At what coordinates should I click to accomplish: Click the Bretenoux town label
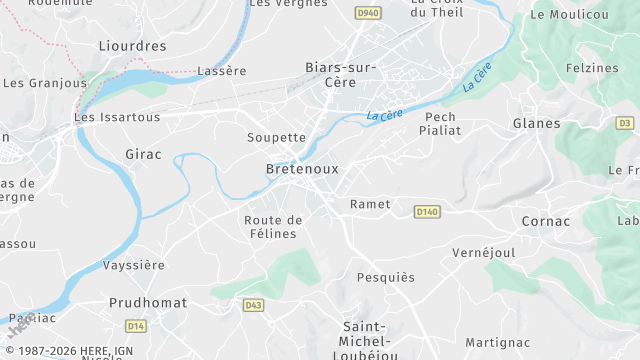pyautogui.click(x=302, y=169)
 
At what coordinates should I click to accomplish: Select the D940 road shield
pyautogui.click(x=368, y=13)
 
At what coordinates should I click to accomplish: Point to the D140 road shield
pyautogui.click(x=427, y=211)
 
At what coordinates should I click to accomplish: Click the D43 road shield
pyautogui.click(x=253, y=305)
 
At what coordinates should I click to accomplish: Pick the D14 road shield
pyautogui.click(x=136, y=326)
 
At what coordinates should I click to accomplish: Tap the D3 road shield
pyautogui.click(x=625, y=123)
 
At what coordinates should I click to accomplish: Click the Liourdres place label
pyautogui.click(x=132, y=46)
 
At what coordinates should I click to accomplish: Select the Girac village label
pyautogui.click(x=143, y=154)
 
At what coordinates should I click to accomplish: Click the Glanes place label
pyautogui.click(x=536, y=123)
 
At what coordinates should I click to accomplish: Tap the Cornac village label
pyautogui.click(x=546, y=221)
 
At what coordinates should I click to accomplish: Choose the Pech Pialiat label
pyautogui.click(x=440, y=123)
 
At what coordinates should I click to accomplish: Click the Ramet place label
pyautogui.click(x=370, y=204)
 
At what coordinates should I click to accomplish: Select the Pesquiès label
pyautogui.click(x=385, y=277)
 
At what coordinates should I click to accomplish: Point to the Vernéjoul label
pyautogui.click(x=484, y=253)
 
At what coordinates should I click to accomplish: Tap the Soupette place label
pyautogui.click(x=276, y=137)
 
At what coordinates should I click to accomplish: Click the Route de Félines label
pyautogui.click(x=272, y=226)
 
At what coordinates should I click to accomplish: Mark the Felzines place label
pyautogui.click(x=592, y=68)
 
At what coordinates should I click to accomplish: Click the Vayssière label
pyautogui.click(x=133, y=265)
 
